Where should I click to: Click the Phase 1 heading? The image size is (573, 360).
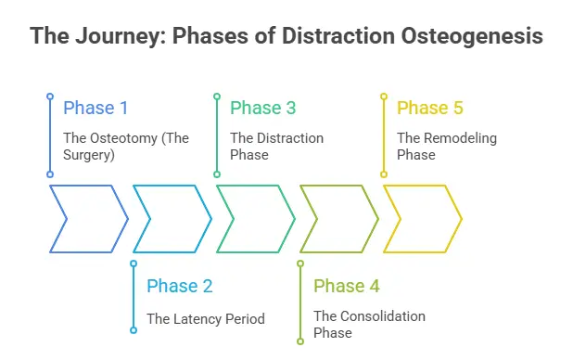tap(95, 108)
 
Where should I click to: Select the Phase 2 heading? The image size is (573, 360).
tap(179, 286)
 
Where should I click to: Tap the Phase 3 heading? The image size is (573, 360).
tap(262, 108)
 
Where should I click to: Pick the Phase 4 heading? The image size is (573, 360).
tap(346, 286)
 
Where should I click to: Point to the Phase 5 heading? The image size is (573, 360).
tap(429, 108)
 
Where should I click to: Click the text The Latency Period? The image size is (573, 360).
tap(206, 318)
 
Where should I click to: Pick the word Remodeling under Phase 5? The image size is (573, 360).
tap(460, 138)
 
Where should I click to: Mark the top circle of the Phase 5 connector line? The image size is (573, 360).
tap(383, 96)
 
